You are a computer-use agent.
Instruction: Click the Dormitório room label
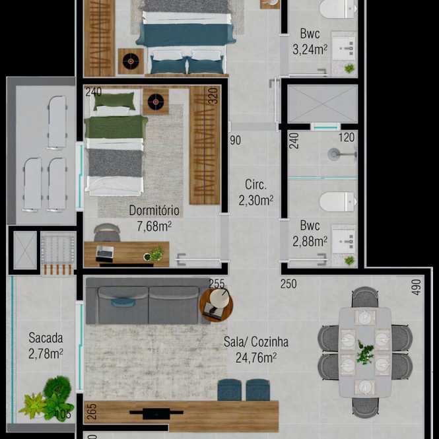tap(154, 211)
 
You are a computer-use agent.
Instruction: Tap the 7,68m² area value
tap(154, 226)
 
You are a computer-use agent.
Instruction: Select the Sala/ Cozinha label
tap(256, 342)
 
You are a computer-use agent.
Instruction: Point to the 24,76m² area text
tap(256, 358)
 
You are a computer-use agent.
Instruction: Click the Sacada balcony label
tap(46, 338)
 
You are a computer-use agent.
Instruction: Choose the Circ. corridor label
tap(255, 184)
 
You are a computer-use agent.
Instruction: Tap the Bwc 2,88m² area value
tap(310, 242)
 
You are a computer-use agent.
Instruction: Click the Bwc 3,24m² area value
tap(310, 50)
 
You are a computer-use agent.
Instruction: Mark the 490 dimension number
tap(417, 287)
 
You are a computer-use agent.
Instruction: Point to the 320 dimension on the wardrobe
tap(214, 96)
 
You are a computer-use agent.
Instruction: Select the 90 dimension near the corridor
tap(236, 140)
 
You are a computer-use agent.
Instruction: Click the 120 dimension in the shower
tap(347, 137)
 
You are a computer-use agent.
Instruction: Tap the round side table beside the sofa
tap(216, 305)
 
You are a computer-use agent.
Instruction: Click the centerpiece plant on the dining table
tap(365, 353)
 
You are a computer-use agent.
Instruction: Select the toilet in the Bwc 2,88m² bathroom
tap(337, 201)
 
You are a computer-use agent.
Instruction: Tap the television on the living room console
tap(156, 413)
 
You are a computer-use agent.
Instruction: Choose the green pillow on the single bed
tap(114, 100)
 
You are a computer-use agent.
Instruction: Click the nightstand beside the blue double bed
tap(131, 61)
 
